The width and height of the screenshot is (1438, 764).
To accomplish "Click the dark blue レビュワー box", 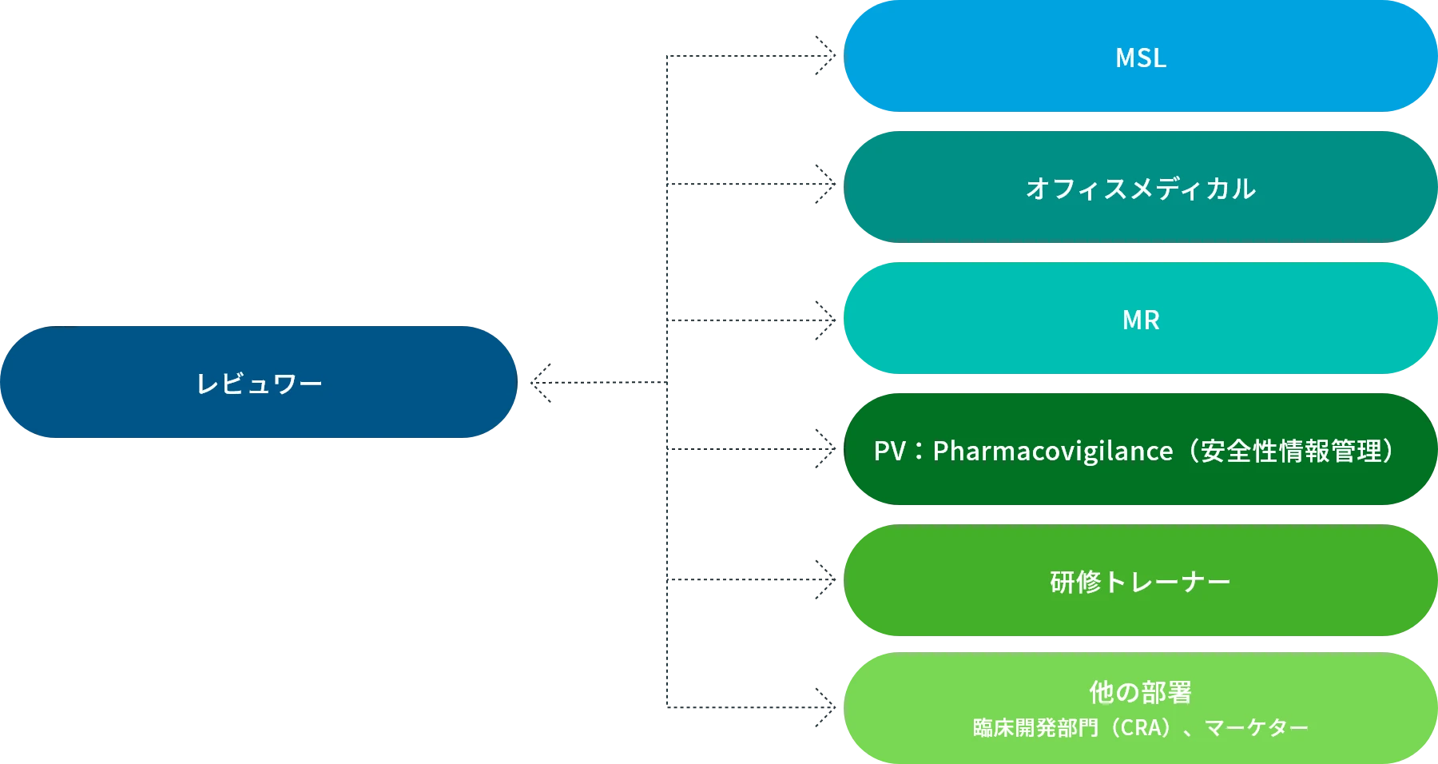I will [x=258, y=383].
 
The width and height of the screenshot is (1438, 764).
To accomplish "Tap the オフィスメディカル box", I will [x=1140, y=189].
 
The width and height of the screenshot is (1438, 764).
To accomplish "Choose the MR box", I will [x=1140, y=320].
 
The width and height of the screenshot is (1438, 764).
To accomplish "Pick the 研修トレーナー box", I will [x=1140, y=582].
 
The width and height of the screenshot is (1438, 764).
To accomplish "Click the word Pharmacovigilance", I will [x=1052, y=452].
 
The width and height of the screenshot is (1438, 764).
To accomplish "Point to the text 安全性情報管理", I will [x=1291, y=452].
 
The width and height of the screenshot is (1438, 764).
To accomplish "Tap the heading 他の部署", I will [x=1140, y=691].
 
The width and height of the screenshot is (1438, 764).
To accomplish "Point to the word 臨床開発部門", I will [x=1035, y=728].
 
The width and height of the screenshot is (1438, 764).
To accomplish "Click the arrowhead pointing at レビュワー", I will [x=539, y=380].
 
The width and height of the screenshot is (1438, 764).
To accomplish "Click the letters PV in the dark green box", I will [x=889, y=452].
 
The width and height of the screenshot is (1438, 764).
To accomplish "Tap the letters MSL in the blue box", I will [x=1140, y=58].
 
